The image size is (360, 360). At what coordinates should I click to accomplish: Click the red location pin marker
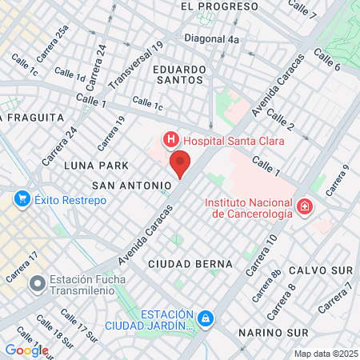[x=181, y=164]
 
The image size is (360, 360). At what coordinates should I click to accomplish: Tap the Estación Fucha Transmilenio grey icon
[x=36, y=283]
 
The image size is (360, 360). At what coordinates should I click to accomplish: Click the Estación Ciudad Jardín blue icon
[x=206, y=319]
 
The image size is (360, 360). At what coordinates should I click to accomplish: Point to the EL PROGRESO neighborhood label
[x=208, y=6]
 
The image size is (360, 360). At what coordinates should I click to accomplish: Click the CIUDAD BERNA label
[x=191, y=263]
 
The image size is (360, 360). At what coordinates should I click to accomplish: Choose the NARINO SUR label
[x=274, y=331]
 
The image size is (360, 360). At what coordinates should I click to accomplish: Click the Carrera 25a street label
[x=53, y=42]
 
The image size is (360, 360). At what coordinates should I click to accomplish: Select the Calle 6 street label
[x=327, y=60]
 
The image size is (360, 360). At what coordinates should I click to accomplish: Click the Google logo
[x=26, y=350]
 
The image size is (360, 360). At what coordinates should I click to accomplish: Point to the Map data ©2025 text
[x=326, y=354]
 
